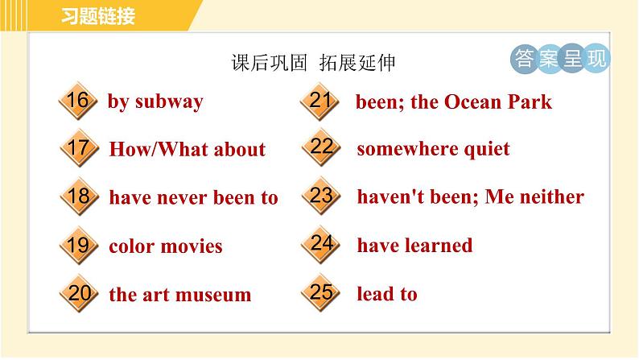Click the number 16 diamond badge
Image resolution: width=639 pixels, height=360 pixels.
click(x=78, y=101)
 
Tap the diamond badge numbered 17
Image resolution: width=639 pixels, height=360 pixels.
click(x=79, y=148)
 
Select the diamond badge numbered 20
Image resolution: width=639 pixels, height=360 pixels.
click(x=79, y=293)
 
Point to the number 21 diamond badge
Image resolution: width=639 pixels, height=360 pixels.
click(x=320, y=101)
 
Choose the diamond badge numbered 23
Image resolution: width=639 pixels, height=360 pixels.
click(x=321, y=196)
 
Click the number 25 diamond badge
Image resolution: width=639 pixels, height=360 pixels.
click(x=321, y=292)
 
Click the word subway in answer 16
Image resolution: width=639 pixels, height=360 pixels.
click(x=169, y=102)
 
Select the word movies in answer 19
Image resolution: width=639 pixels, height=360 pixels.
click(x=192, y=246)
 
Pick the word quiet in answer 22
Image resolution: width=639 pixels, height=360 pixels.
click(x=487, y=149)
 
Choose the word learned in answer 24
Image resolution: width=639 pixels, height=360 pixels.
click(x=438, y=245)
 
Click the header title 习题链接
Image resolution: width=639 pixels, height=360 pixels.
click(x=98, y=16)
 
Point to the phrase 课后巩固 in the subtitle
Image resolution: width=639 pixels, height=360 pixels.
click(x=269, y=62)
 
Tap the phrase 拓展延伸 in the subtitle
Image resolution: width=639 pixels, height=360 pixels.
click(x=357, y=62)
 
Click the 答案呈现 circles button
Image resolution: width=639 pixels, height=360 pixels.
click(x=560, y=58)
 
